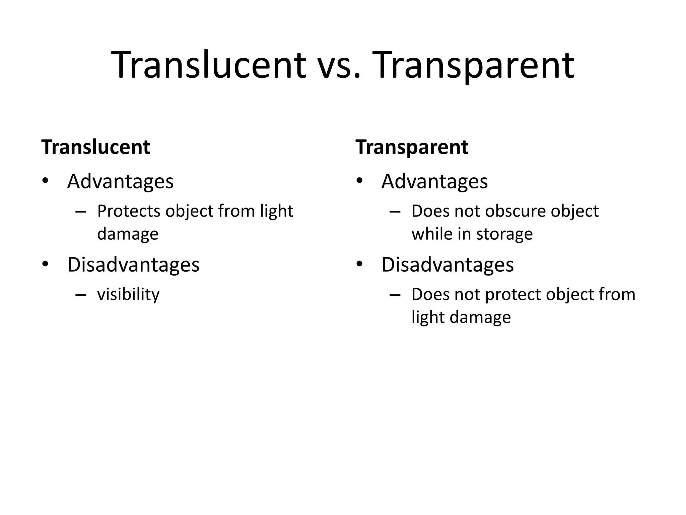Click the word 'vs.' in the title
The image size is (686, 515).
point(339,65)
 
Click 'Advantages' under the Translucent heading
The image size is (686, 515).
point(120,181)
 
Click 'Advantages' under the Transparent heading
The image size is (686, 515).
point(434,181)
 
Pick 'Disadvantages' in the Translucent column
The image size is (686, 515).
point(133,265)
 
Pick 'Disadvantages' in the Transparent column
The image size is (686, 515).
point(448,265)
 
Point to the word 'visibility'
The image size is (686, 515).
point(128,294)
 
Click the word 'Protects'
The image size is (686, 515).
point(129,211)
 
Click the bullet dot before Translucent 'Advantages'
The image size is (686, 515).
point(45,181)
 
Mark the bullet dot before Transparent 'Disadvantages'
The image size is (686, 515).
point(359,265)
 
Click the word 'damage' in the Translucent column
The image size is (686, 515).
point(128,234)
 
